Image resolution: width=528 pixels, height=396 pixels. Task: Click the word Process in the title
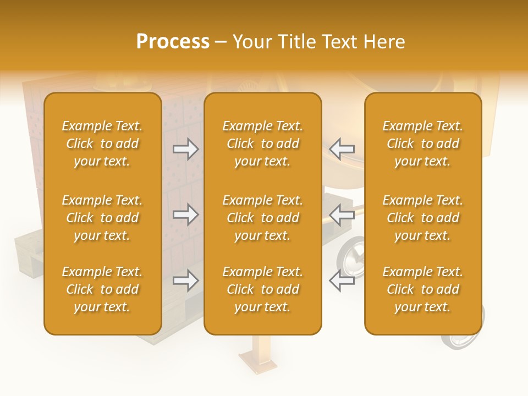coord(173,41)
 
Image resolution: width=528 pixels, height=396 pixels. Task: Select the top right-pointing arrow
coord(186,148)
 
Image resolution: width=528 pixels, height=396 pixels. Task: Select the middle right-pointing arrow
coord(186,215)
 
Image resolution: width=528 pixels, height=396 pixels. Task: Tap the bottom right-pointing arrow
coord(186,280)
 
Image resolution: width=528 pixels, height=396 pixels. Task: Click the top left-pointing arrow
coord(342,148)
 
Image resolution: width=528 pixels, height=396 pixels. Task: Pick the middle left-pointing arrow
coord(342,215)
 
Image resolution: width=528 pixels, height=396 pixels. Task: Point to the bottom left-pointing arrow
coord(342,280)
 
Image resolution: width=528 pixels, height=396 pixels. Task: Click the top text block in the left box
coord(102,144)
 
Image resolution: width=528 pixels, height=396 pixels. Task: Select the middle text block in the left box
coord(102,218)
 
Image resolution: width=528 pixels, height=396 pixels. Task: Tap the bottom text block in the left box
coord(102,289)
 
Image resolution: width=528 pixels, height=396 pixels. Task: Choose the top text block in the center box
coord(263,144)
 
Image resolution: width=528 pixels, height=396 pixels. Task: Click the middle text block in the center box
coord(263,218)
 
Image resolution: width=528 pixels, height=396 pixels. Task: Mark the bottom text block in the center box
coord(263,289)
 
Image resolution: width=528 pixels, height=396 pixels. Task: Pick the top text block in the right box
coord(423,144)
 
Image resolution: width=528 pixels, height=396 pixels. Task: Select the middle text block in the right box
coord(423,218)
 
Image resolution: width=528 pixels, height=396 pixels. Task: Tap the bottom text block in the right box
coord(423,289)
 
